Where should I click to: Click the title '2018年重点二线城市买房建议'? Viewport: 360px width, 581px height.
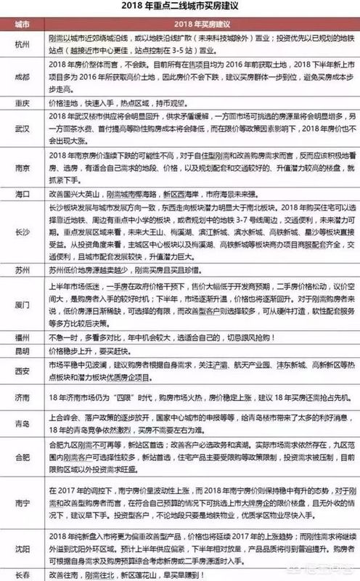pyautogui.click(x=179, y=8)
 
